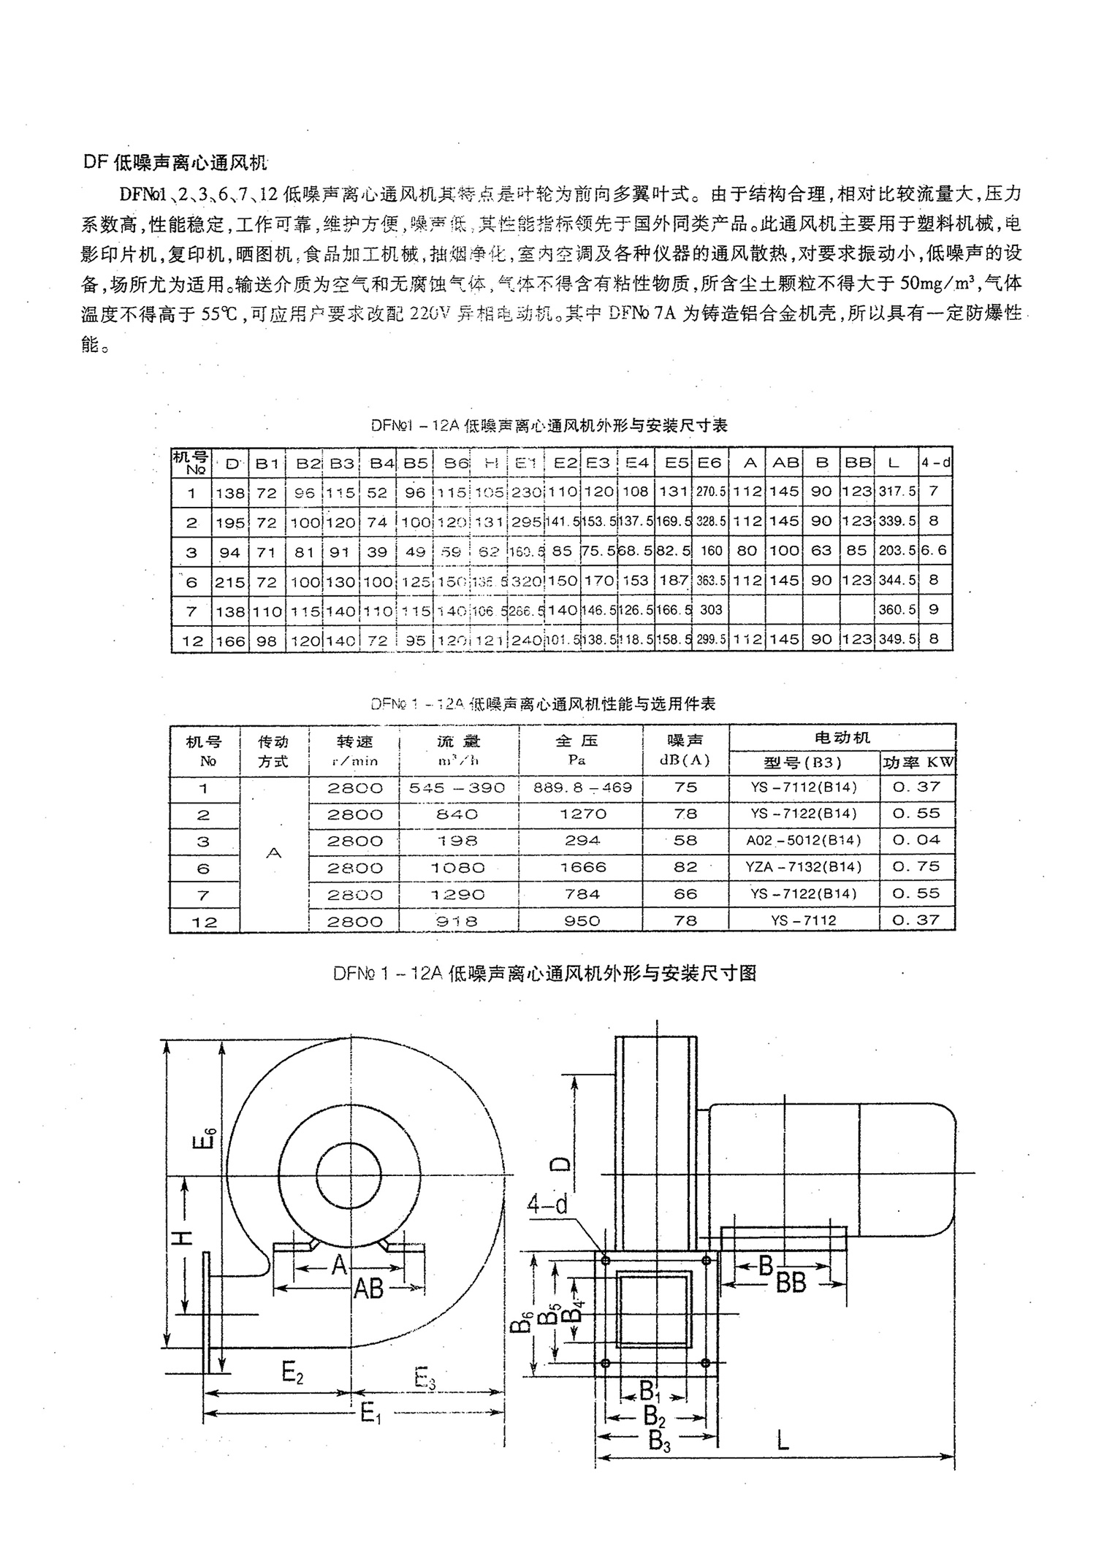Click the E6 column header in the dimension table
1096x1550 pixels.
pos(709,462)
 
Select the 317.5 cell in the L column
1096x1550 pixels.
pos(897,492)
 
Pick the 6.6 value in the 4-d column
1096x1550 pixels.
pos(934,551)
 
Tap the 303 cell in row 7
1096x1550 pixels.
pos(710,610)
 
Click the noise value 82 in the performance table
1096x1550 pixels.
pos(685,867)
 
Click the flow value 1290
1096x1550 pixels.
pos(458,894)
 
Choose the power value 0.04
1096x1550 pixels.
pos(916,841)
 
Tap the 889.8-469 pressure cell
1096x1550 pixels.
pos(582,787)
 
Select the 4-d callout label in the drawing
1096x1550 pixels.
pos(547,1205)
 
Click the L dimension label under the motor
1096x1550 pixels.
pos(783,1440)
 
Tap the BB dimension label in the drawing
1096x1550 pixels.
pos(790,1283)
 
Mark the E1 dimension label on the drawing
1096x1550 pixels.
pos(371,1413)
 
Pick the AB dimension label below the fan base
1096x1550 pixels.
pos(368,1289)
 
